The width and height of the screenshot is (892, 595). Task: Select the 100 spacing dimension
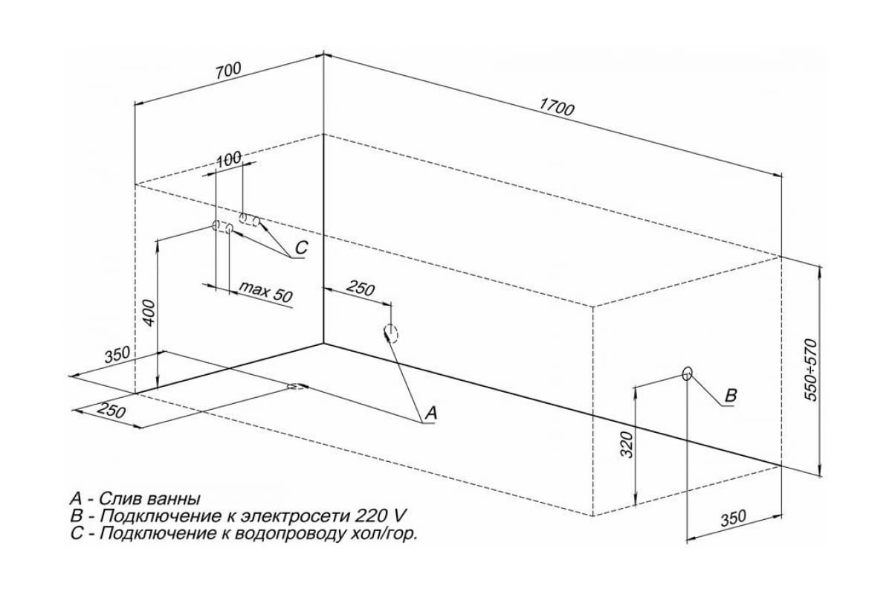tap(229, 158)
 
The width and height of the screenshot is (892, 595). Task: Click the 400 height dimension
tap(148, 312)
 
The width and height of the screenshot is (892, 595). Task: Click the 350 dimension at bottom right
tap(732, 517)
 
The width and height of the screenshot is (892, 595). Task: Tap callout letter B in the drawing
tap(730, 396)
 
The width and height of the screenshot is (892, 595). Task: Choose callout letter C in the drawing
tap(300, 248)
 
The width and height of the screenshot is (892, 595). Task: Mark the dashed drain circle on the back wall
tap(391, 332)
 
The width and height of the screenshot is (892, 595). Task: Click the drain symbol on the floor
tap(296, 387)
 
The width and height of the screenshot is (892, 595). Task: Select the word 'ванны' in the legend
tap(172, 498)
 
